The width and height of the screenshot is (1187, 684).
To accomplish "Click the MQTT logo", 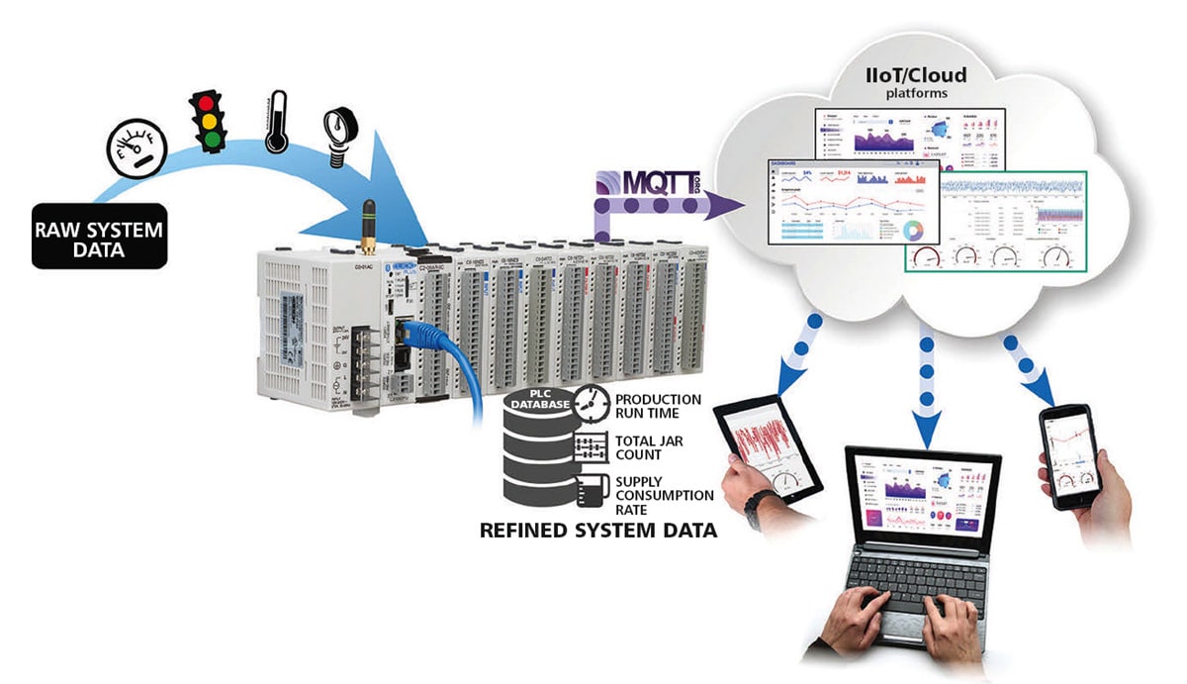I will click(654, 183).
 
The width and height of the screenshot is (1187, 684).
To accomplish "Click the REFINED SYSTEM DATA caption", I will click(597, 531).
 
